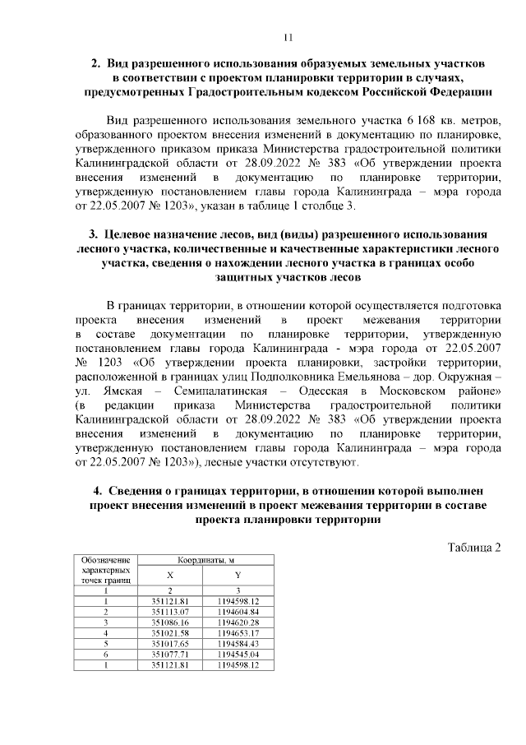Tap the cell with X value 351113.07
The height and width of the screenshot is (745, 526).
(x=170, y=613)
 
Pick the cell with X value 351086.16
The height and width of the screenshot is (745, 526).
(x=170, y=623)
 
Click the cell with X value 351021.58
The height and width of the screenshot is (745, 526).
(x=170, y=633)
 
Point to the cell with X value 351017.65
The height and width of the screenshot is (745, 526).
(x=170, y=644)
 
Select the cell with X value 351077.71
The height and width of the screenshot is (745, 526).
(x=170, y=655)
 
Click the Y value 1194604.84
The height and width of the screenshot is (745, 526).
(x=238, y=613)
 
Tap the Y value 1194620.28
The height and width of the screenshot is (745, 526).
(x=238, y=623)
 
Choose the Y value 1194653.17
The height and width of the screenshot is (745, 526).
(x=238, y=633)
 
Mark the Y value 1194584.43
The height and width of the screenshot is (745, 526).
(x=238, y=644)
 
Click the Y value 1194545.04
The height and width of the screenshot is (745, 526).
(x=238, y=655)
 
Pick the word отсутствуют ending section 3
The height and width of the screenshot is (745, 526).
(x=310, y=464)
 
